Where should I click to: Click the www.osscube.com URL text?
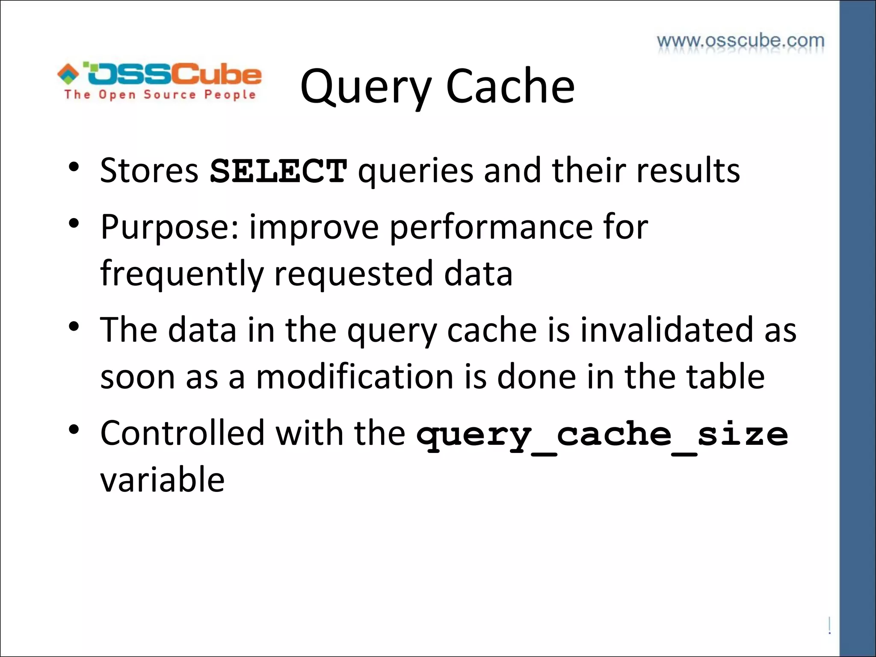(740, 41)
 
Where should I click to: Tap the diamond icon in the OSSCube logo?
(68, 74)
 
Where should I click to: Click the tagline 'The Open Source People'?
(160, 95)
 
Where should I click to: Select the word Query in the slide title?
(366, 88)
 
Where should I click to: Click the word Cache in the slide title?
(510, 87)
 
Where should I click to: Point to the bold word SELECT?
(278, 171)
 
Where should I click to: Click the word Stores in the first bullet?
(149, 170)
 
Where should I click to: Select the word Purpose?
(169, 228)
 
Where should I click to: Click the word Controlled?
(183, 433)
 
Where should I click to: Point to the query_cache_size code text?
(602, 435)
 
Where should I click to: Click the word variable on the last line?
(162, 480)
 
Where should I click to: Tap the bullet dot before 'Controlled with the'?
(74, 429)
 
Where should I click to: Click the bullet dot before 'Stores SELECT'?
(74, 167)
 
